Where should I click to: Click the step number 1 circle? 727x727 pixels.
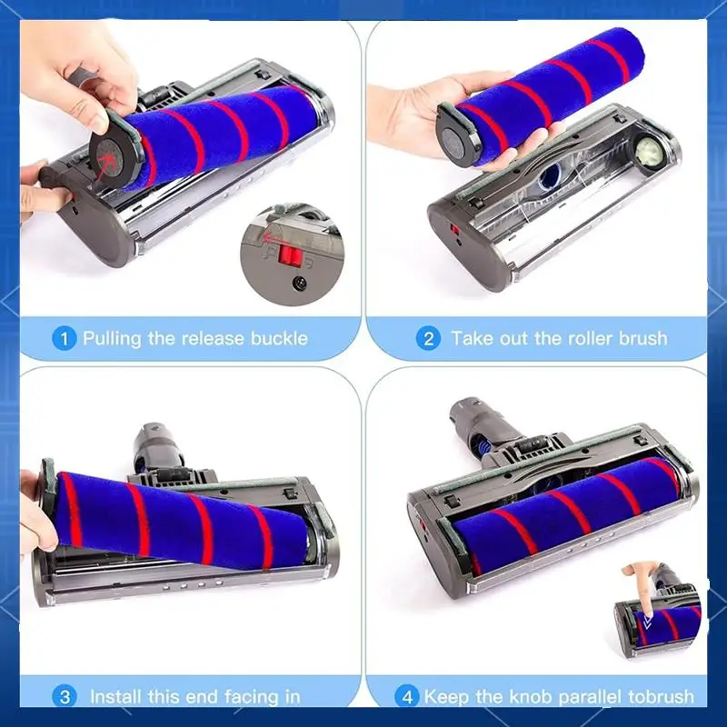point(64,339)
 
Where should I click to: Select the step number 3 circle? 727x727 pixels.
point(64,697)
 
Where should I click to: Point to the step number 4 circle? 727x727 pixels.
point(406,697)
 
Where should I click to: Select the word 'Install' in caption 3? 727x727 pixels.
point(120,697)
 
